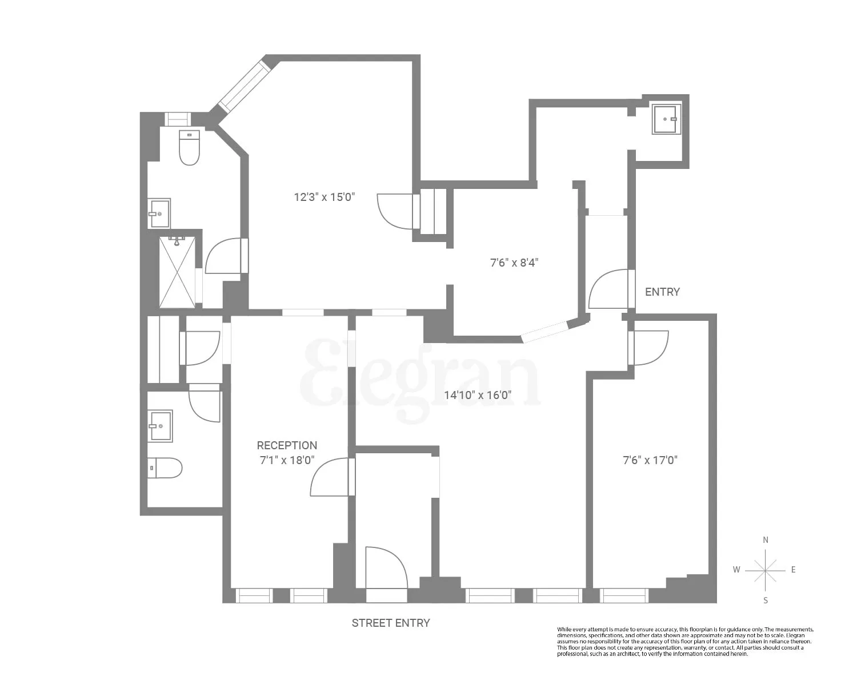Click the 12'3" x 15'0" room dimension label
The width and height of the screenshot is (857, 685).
325,198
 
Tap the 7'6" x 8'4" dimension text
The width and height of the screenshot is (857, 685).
514,263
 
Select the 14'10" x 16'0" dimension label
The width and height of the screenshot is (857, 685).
478,394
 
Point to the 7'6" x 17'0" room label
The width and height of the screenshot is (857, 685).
650,460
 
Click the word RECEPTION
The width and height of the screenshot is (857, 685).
287,445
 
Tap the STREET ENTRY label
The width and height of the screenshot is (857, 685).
391,623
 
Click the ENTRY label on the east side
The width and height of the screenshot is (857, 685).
662,292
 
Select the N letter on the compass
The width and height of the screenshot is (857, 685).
766,540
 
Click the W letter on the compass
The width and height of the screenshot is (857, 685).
737,570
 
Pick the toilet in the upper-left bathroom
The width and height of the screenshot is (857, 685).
189,148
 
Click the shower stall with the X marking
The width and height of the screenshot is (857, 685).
177,272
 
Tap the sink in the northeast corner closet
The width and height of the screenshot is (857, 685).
667,119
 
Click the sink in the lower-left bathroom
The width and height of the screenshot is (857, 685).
160,426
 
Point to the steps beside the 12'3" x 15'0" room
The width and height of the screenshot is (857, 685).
433,211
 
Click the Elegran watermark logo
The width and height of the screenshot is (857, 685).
420,380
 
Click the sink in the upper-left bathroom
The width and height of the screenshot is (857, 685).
159,213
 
